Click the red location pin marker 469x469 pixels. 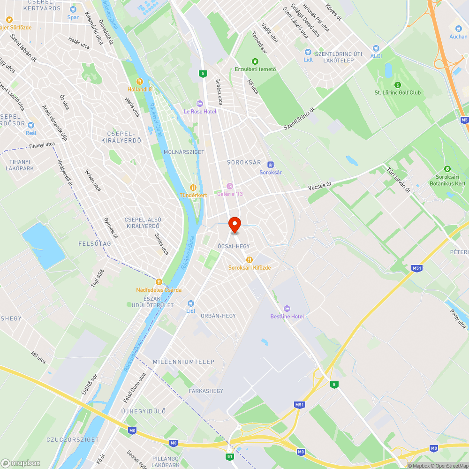pos(234,224)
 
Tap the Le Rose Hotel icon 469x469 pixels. pos(200,103)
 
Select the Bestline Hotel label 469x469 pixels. pos(287,316)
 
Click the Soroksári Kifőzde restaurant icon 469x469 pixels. pos(250,259)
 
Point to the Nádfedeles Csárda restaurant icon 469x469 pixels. pos(159,281)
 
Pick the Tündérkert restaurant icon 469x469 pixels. pos(192,187)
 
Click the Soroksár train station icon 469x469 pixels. pos(270,164)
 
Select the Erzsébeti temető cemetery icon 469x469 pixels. pos(255,61)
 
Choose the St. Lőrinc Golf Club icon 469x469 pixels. pos(398,84)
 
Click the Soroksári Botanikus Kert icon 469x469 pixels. pos(447,169)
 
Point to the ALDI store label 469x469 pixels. pos(376,56)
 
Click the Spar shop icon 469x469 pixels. pos(73,9)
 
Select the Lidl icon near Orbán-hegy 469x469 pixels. pos(190,303)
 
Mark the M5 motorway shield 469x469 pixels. pos(464,120)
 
